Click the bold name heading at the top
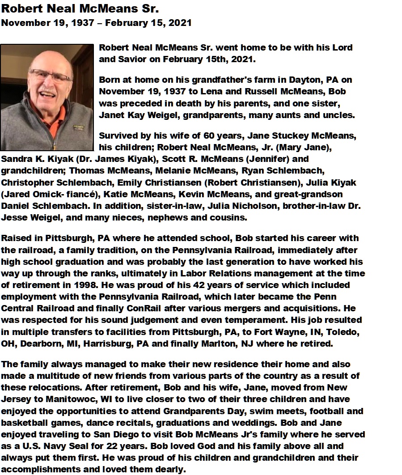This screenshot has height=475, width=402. click(80, 9)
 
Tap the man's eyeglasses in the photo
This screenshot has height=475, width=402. click(48, 76)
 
